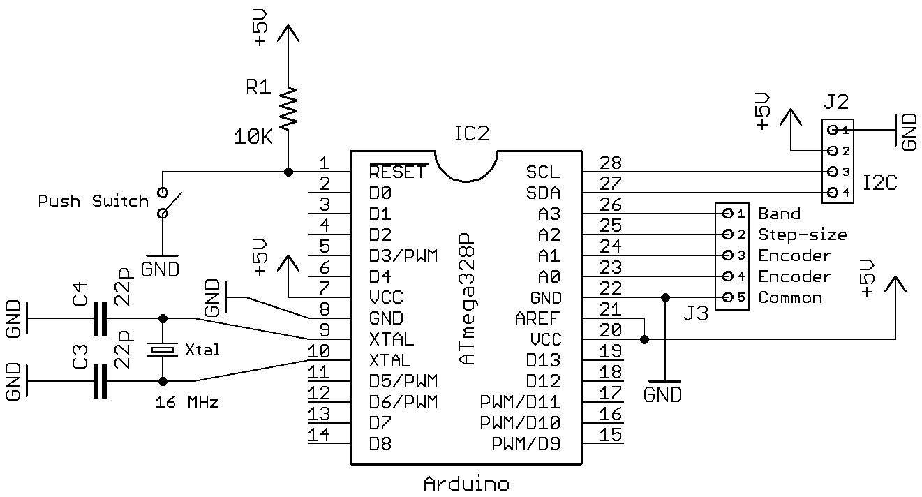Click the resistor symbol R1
288,108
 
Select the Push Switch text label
94,202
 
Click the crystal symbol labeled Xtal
163,350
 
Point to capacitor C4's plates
101,319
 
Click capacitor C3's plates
101,382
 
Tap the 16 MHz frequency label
186,403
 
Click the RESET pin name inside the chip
397,172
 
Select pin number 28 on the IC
611,163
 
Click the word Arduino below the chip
466,484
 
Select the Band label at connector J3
779,214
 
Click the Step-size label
802,235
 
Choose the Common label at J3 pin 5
790,297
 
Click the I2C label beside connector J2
880,184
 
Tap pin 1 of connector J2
833,130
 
